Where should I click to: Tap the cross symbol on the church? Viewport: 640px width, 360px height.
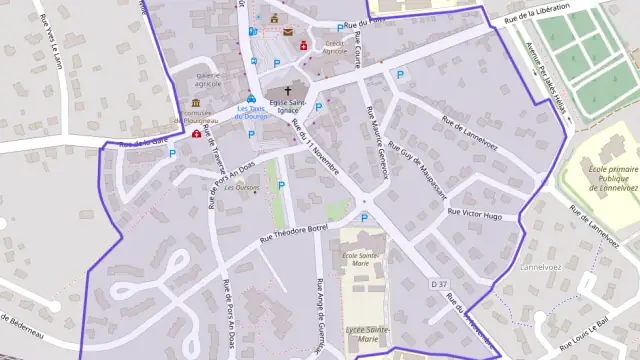(288, 91)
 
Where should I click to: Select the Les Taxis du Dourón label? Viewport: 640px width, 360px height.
(252, 112)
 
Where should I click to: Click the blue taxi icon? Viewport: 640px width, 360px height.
(252, 99)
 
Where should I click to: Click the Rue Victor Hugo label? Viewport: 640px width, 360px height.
(480, 212)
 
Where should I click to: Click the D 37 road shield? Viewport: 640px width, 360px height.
(438, 285)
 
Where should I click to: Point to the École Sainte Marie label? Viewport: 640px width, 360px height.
(362, 259)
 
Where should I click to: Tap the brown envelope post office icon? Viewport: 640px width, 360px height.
(288, 32)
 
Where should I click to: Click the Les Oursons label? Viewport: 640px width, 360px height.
(241, 187)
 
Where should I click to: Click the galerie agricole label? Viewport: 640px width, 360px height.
(208, 79)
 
